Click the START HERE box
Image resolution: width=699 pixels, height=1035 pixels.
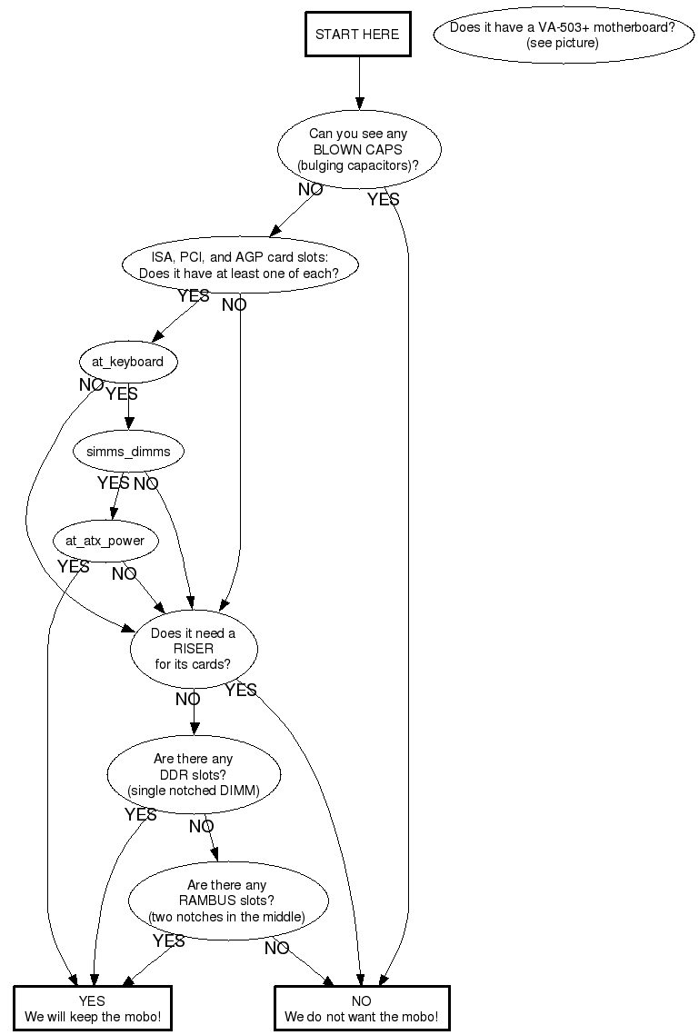click(x=358, y=35)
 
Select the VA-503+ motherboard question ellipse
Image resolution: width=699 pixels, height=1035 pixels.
click(x=563, y=35)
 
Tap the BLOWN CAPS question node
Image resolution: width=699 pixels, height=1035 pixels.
click(x=358, y=149)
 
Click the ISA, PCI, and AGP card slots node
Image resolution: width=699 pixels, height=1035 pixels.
click(x=240, y=265)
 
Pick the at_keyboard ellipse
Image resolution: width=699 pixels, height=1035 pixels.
click(x=127, y=362)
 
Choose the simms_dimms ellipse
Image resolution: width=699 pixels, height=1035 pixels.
click(x=128, y=452)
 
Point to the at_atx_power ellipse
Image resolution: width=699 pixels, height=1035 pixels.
click(x=105, y=541)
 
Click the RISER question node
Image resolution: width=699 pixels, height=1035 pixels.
click(x=194, y=649)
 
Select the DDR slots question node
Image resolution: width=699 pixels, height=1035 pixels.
click(x=194, y=774)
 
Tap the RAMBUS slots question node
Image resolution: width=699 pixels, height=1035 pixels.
click(x=227, y=901)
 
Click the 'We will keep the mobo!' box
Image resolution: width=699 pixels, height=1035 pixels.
click(x=93, y=1009)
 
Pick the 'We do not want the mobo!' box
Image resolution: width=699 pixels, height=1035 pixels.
click(x=362, y=1009)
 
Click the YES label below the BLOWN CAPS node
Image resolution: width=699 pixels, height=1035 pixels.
click(x=384, y=199)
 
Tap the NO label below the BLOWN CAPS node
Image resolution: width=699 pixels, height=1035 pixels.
click(x=310, y=189)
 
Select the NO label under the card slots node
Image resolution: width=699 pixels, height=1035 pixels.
click(x=234, y=305)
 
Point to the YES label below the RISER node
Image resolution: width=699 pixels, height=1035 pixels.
click(x=241, y=690)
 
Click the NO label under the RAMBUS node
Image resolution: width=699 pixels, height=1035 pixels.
click(x=276, y=949)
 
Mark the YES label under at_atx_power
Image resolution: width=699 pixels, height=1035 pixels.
click(x=74, y=566)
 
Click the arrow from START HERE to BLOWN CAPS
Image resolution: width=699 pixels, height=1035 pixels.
click(x=359, y=84)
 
